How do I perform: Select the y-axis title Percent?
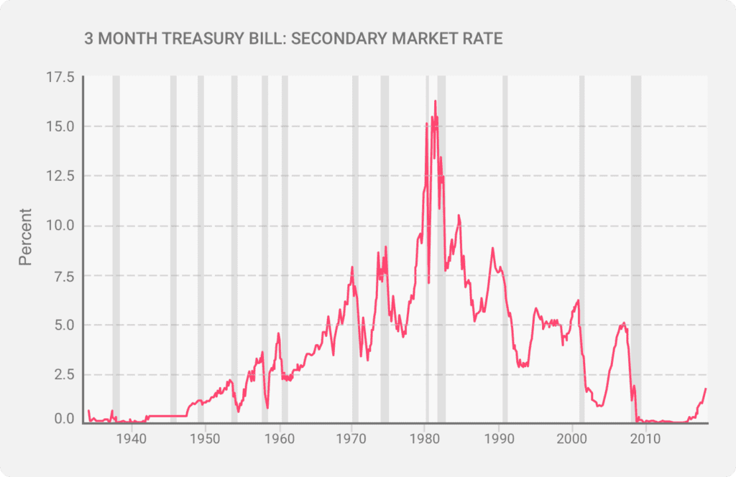pyautogui.click(x=26, y=236)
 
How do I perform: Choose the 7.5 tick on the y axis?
pyautogui.click(x=63, y=275)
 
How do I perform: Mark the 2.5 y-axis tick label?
pyautogui.click(x=63, y=374)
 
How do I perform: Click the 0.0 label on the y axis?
pyautogui.click(x=63, y=419)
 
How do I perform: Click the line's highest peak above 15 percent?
pyautogui.click(x=435, y=101)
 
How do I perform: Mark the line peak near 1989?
pyautogui.click(x=492, y=248)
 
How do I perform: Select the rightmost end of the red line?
pyautogui.click(x=706, y=389)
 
